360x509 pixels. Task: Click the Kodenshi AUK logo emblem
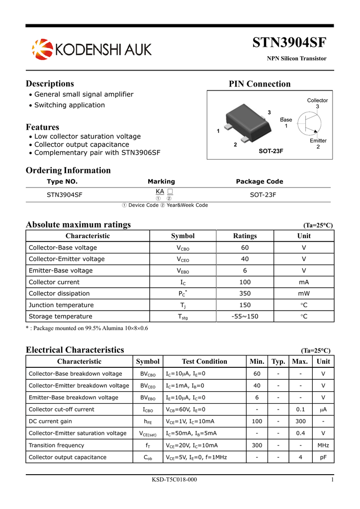42,49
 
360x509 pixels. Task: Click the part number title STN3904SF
289,43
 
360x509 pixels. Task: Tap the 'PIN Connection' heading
260,84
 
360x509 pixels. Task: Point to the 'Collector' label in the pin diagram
317,100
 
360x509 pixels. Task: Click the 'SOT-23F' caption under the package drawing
270,151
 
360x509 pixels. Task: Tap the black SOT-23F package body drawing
249,122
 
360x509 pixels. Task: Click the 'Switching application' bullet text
70,105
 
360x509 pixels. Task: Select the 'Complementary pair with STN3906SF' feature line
97,153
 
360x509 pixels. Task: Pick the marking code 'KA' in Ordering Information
160,191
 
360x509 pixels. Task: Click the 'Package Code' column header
259,181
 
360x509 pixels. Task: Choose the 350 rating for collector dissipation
245,293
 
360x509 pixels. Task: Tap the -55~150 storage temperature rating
245,316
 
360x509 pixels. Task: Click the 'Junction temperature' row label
61,305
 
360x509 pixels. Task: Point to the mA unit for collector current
303,282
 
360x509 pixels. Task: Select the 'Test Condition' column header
204,361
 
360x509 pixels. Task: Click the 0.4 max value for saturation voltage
300,433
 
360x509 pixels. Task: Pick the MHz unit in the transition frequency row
323,445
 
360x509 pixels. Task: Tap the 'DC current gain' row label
50,421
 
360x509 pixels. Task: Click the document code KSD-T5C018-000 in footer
174,479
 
